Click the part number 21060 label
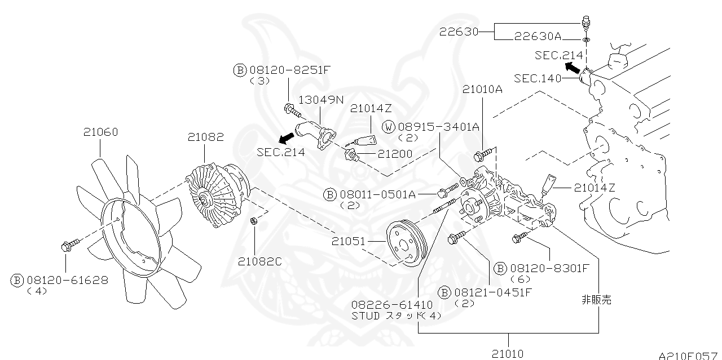[100, 132]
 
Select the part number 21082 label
[205, 136]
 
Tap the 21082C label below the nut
[259, 261]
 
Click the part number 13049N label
[321, 100]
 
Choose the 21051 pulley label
[349, 241]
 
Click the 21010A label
[482, 88]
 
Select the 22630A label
[538, 37]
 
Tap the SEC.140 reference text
[538, 78]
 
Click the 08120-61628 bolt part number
[67, 279]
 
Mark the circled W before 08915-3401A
[389, 127]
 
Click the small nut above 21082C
[254, 220]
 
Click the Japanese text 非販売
[596, 300]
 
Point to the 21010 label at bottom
[507, 353]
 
